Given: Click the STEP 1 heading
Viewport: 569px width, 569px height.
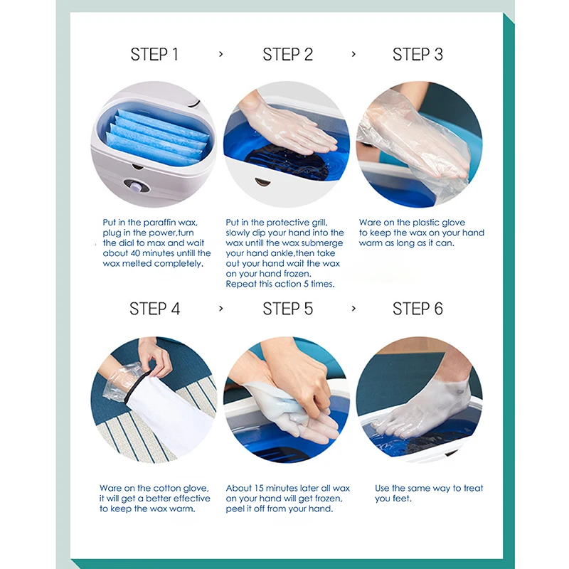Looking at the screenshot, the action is point(154,55).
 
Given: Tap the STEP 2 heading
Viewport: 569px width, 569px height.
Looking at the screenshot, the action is point(288,55).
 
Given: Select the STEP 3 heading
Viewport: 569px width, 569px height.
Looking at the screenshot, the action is point(418,55).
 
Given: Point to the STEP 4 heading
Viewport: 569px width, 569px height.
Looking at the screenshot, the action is point(154,309).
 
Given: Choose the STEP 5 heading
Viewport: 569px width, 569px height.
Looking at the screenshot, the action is point(288,309).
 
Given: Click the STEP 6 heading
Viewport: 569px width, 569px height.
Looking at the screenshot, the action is point(418,309).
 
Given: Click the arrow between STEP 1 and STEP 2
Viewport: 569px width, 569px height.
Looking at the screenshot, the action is point(221,55).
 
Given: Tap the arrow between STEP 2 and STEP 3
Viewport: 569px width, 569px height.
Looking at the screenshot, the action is point(353,55).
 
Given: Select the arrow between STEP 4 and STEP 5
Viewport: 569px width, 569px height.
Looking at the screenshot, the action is point(221,309).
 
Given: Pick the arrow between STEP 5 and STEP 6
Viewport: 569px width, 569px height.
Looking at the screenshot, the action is point(353,309).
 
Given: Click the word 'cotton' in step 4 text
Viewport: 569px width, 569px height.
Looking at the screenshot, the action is point(167,489).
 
